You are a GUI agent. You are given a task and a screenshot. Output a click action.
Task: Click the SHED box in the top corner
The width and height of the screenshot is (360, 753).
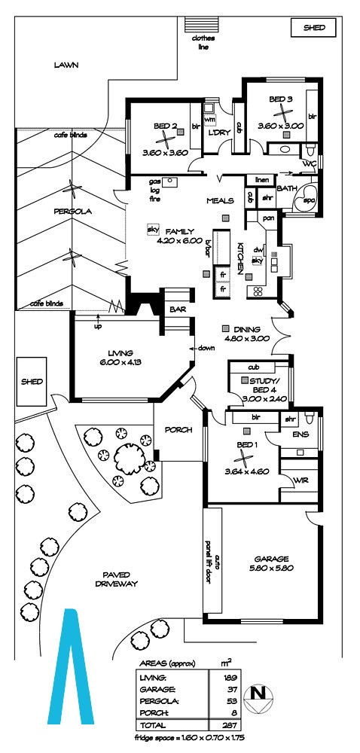click(314, 28)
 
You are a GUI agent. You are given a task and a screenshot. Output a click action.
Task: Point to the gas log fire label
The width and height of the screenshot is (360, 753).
click(154, 191)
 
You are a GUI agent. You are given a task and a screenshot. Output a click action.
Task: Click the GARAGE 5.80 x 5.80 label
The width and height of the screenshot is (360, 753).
click(271, 562)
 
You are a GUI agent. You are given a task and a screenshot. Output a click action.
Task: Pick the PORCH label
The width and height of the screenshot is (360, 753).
click(178, 430)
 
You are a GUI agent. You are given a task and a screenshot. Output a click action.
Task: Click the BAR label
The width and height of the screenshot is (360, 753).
click(178, 311)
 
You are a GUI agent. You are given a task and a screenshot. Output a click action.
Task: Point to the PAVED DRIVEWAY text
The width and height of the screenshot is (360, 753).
click(117, 579)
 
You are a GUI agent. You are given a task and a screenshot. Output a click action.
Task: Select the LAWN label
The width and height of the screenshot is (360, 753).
click(66, 65)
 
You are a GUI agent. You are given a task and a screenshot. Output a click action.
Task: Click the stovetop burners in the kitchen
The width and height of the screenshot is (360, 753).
click(258, 291)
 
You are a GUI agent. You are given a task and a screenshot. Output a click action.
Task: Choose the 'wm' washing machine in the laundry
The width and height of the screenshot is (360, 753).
click(209, 118)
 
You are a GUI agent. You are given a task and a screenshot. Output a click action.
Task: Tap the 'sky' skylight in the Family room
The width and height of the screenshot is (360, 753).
click(153, 229)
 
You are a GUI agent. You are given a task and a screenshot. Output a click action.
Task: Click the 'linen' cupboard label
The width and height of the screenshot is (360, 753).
click(261, 180)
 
